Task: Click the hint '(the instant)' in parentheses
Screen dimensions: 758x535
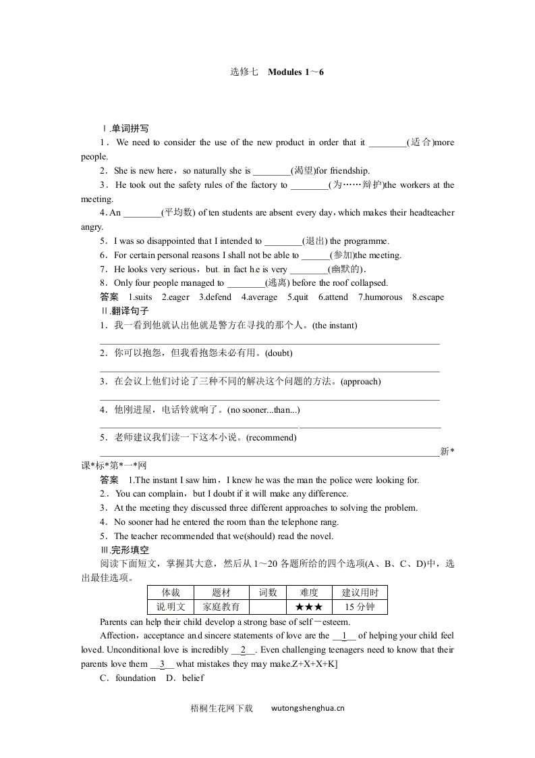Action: click(x=335, y=326)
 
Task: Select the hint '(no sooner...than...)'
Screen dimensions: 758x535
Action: click(x=264, y=409)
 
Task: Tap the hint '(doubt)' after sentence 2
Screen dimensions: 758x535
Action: click(x=279, y=353)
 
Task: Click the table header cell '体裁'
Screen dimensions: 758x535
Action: click(x=171, y=592)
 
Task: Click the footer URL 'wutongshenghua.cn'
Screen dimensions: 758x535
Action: click(x=308, y=709)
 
